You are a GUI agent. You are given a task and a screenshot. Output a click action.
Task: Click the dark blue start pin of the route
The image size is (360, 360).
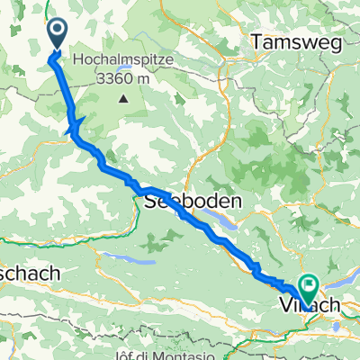57,34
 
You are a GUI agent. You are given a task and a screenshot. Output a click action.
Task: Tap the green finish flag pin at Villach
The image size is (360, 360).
308,289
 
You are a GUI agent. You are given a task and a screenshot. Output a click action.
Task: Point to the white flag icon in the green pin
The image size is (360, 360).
308,287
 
